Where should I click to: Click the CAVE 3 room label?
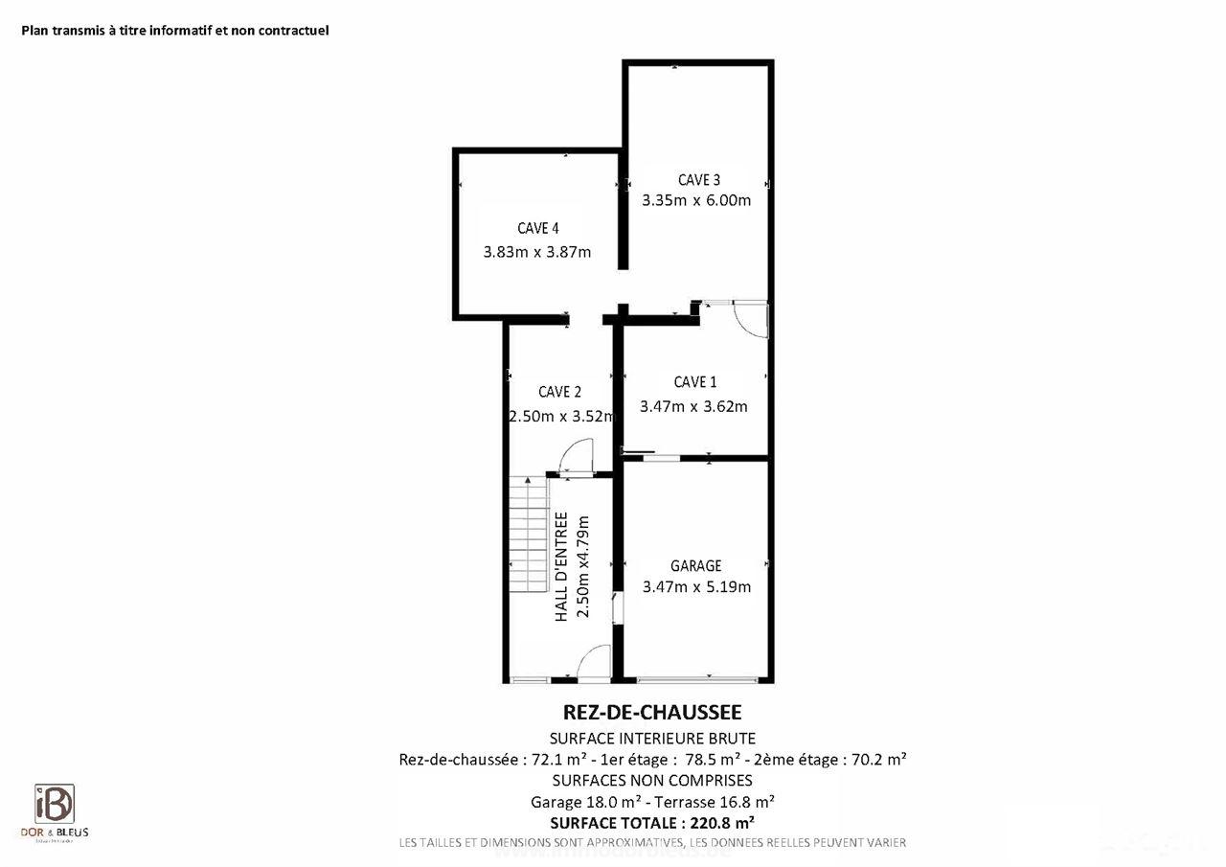[x=698, y=179]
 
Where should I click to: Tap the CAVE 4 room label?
[x=537, y=228]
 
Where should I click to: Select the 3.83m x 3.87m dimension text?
[x=537, y=253]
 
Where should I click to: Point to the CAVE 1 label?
[x=694, y=382]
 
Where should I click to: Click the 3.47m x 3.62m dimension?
[x=693, y=406]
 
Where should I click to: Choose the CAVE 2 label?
[x=559, y=391]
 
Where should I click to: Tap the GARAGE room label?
[x=695, y=566]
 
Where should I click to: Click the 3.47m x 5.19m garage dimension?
[x=696, y=587]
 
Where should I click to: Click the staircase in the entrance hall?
[x=527, y=536]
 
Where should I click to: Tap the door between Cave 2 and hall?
[x=578, y=457]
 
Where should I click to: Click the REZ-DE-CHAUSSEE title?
[x=652, y=713]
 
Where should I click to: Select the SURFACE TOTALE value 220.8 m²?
[x=718, y=822]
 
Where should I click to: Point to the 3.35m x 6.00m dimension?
[x=695, y=201]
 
